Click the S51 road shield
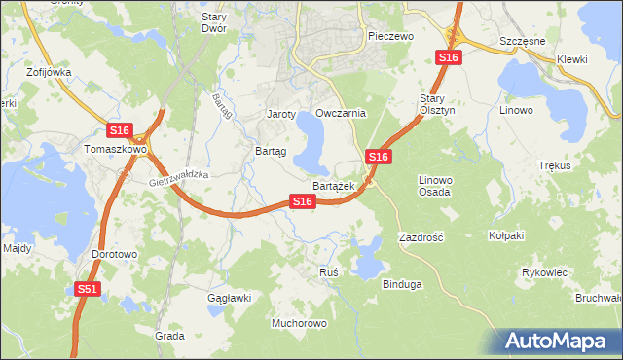(x=88, y=289)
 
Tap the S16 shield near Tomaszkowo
(x=119, y=130)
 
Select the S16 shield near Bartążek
(x=303, y=201)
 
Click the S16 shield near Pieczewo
(x=448, y=58)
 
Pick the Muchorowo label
(x=299, y=322)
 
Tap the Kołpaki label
(x=506, y=235)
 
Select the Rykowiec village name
(x=544, y=272)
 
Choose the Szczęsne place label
(x=520, y=44)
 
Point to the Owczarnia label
(x=341, y=113)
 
